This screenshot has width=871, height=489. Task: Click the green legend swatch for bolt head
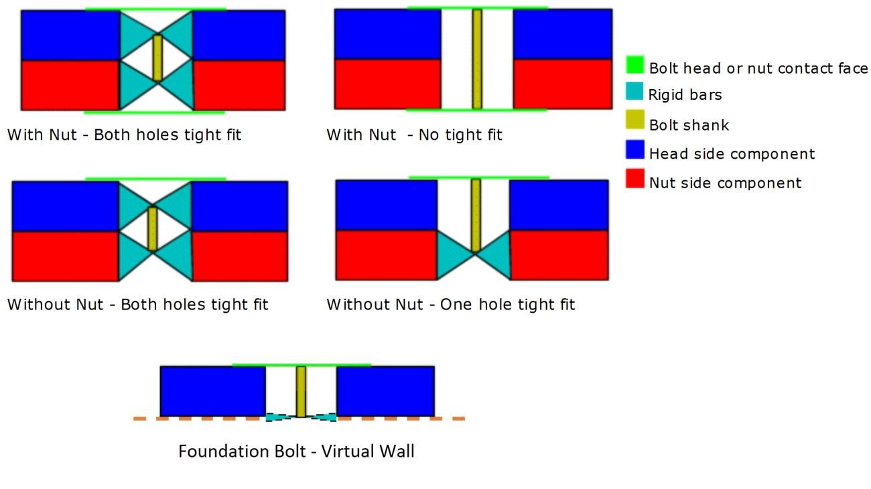[x=635, y=65]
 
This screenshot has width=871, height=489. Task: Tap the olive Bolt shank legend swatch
[x=635, y=121]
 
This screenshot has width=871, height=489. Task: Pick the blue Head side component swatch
[x=635, y=149]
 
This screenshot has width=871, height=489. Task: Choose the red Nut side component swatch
[x=635, y=179]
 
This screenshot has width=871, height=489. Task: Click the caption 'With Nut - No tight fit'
[x=414, y=135]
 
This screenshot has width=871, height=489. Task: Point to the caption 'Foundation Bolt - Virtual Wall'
[x=296, y=451]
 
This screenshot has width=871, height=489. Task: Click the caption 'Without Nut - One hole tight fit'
[x=450, y=305]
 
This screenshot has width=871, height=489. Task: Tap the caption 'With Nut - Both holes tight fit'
[x=124, y=135]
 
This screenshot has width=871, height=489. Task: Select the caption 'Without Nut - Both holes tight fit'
[x=137, y=305]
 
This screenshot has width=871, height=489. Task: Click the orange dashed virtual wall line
[x=201, y=419]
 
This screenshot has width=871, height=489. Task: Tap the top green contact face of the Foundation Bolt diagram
[x=301, y=365]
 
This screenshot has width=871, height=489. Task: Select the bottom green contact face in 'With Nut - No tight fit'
[x=477, y=109]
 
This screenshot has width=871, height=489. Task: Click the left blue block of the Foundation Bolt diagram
[x=212, y=391]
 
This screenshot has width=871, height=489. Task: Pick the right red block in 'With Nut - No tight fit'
[x=562, y=84]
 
